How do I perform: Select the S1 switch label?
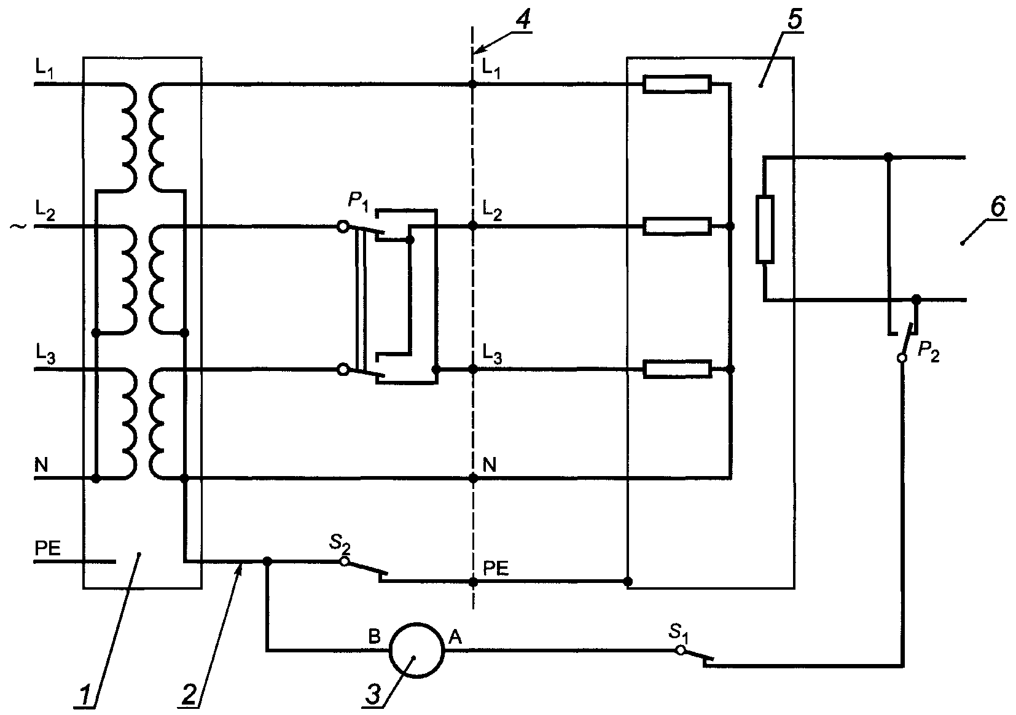click(679, 633)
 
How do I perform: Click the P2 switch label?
click(928, 352)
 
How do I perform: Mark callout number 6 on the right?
click(998, 208)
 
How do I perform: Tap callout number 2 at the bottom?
click(189, 694)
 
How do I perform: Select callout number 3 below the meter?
click(373, 694)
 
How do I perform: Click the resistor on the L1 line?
click(677, 84)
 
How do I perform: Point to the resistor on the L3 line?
click(677, 369)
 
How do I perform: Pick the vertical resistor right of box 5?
click(765, 229)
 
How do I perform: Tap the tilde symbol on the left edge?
click(18, 225)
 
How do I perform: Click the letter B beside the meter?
click(374, 638)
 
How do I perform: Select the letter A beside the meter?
click(455, 638)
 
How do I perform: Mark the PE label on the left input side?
click(48, 549)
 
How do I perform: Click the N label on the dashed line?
click(490, 464)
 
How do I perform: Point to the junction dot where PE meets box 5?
click(628, 582)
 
